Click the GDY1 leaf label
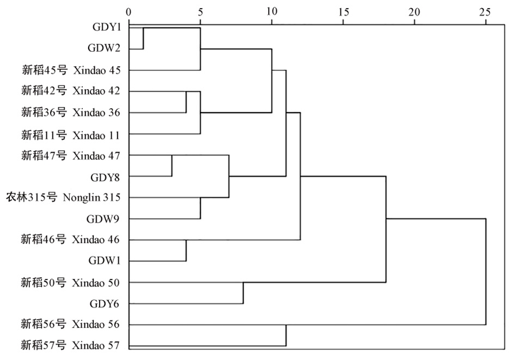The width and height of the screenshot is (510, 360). click(106, 26)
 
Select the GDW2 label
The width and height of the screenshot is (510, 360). click(104, 48)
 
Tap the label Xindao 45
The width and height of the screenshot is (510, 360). click(97, 70)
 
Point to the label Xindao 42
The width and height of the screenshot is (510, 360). click(96, 91)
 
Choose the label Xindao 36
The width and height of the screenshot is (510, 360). click(96, 112)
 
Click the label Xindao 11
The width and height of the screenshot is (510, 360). click(96, 135)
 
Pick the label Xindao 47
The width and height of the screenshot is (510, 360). click(96, 156)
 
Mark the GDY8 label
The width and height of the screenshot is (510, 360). click(105, 177)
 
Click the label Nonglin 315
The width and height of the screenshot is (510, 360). click(92, 198)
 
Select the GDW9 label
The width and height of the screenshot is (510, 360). click(104, 219)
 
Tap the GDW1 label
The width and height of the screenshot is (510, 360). click(104, 261)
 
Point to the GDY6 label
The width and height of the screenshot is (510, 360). click(105, 304)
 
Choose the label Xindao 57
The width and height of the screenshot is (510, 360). click(96, 345)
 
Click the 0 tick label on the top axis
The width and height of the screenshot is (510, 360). click(129, 12)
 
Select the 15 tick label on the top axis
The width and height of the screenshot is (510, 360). click(343, 12)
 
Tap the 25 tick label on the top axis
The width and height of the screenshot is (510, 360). click(485, 12)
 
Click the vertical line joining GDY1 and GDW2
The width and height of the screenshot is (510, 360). click(143, 39)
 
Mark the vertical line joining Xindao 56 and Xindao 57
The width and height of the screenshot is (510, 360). click(286, 335)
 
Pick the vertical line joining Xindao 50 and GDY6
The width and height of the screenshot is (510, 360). click(243, 293)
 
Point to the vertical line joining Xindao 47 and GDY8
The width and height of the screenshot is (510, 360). click(172, 166)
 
